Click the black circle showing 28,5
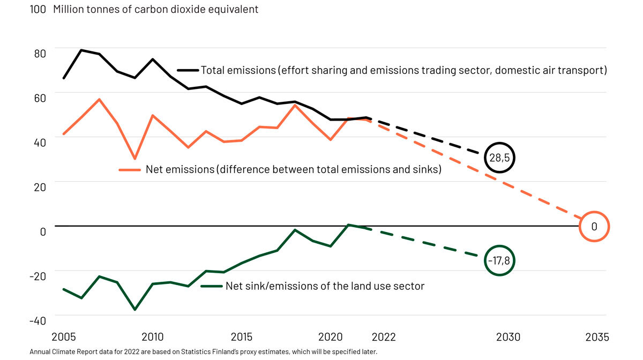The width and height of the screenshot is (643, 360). [500, 157]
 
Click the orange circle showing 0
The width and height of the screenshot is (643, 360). [594, 227]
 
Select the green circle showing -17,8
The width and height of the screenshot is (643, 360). [499, 261]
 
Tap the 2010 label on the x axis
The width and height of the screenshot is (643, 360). [153, 337]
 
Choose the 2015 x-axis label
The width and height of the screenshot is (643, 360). [242, 337]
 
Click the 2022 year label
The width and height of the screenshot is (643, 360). [384, 337]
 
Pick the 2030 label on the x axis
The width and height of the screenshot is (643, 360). [508, 337]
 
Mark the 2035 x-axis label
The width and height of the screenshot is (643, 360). [597, 337]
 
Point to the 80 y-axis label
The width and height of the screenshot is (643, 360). [40, 53]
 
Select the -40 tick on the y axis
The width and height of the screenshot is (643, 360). [38, 320]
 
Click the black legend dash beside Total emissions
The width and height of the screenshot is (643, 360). [188, 70]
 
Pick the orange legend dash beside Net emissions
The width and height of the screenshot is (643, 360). [129, 169]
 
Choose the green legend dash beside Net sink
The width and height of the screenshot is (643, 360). [211, 286]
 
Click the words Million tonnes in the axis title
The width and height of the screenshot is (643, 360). [86, 10]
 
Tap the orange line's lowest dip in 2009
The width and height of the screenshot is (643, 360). [134, 159]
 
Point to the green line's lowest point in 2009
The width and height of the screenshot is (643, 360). [134, 310]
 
